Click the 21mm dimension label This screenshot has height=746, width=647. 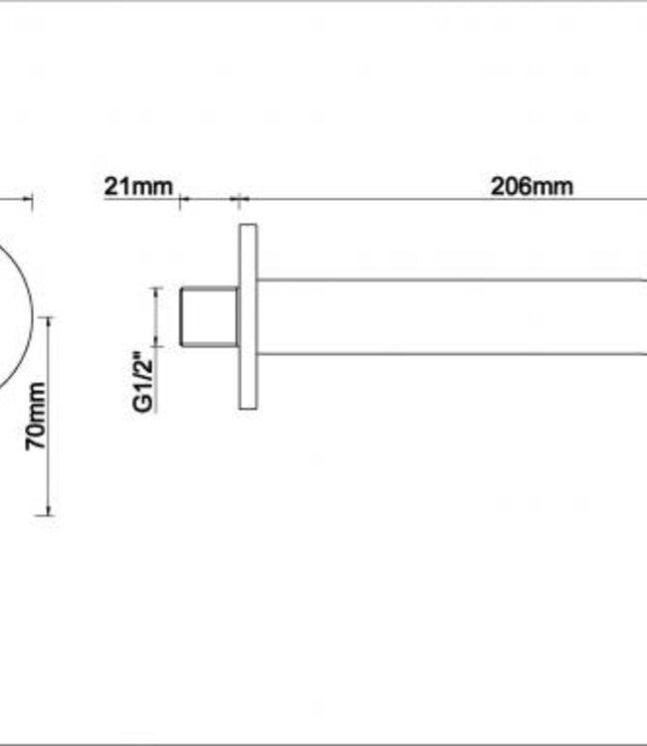[138, 187]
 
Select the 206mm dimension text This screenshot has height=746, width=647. [532, 186]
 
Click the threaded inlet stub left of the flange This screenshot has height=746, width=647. [208, 316]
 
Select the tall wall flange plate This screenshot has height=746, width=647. [247, 316]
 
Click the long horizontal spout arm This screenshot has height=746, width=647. [448, 316]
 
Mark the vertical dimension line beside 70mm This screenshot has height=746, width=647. [47, 418]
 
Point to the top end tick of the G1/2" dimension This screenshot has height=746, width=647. [156, 288]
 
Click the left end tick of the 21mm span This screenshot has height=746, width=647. [180, 202]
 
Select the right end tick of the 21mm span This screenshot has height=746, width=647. [238, 200]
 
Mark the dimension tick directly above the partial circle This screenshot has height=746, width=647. [33, 202]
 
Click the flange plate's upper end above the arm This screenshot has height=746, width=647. [247, 249]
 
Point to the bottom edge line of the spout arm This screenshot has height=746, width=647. [448, 353]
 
